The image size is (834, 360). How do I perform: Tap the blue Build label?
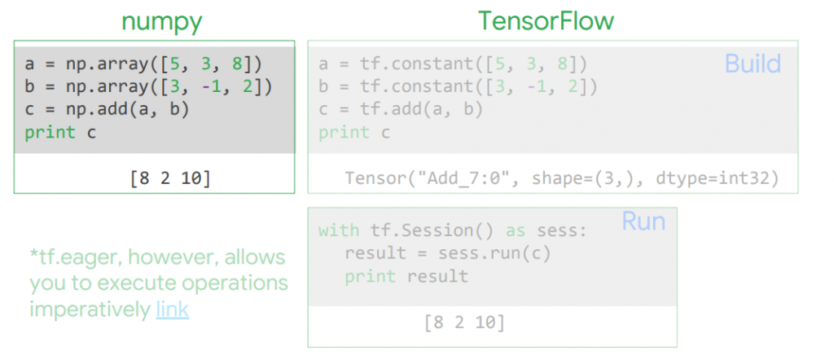click(753, 64)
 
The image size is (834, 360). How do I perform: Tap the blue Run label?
click(643, 221)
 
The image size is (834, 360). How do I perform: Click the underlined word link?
click(172, 310)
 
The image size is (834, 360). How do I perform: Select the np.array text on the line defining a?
click(103, 64)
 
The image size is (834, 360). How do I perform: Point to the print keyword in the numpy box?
click(50, 132)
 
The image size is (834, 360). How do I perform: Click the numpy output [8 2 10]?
click(169, 178)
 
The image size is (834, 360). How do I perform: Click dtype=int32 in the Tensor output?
click(717, 178)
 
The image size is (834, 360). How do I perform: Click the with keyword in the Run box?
click(338, 230)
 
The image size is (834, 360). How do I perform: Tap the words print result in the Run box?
click(406, 276)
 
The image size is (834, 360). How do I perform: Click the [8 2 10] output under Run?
click(464, 323)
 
